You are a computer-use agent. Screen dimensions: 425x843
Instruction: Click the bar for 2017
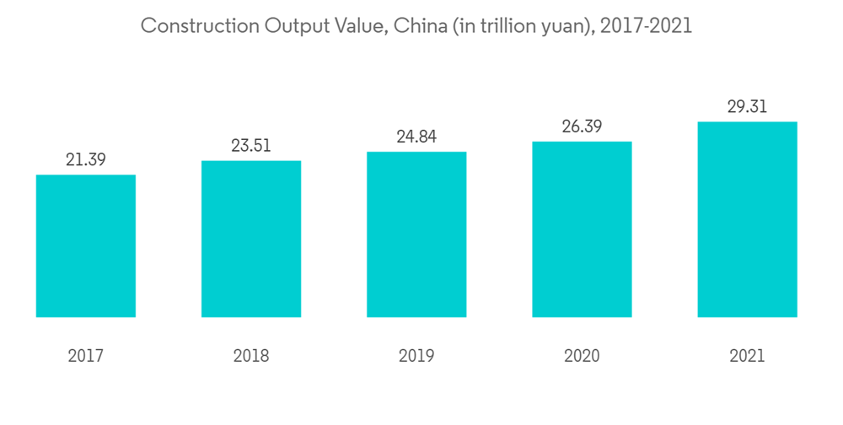click(x=86, y=245)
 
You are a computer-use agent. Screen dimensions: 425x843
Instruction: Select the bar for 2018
click(x=251, y=239)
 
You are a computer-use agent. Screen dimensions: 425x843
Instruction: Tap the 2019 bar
click(x=416, y=234)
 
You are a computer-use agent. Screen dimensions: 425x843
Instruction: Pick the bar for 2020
click(x=582, y=229)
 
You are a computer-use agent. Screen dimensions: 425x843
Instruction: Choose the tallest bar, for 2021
click(x=747, y=219)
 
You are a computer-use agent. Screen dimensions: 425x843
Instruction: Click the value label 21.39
click(x=86, y=159)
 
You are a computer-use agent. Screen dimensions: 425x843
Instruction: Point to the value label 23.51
click(x=251, y=146)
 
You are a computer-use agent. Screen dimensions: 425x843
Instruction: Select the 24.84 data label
click(x=416, y=137)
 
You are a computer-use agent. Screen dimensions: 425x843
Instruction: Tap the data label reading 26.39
click(x=582, y=126)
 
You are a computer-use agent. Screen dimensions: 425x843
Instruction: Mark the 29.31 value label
click(x=747, y=107)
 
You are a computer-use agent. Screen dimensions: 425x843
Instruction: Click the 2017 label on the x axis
click(x=86, y=356)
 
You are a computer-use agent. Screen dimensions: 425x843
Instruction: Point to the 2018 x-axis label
click(x=251, y=356)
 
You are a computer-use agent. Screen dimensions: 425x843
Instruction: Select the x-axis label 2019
click(x=416, y=356)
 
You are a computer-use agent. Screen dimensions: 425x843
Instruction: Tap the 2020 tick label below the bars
click(x=582, y=356)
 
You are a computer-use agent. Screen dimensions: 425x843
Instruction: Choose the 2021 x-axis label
click(x=747, y=356)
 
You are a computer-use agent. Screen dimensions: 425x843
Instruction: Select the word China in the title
click(x=421, y=26)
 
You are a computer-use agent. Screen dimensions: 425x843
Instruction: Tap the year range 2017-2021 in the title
click(x=650, y=26)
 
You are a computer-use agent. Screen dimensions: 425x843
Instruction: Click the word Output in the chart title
click(x=293, y=26)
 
